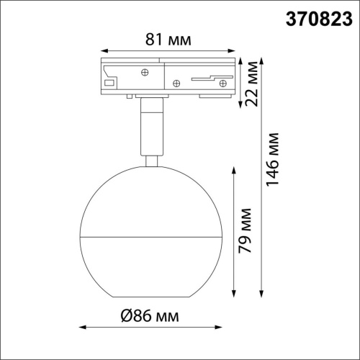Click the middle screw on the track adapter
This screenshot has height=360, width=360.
176,83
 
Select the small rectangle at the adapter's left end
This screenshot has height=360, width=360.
109,84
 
